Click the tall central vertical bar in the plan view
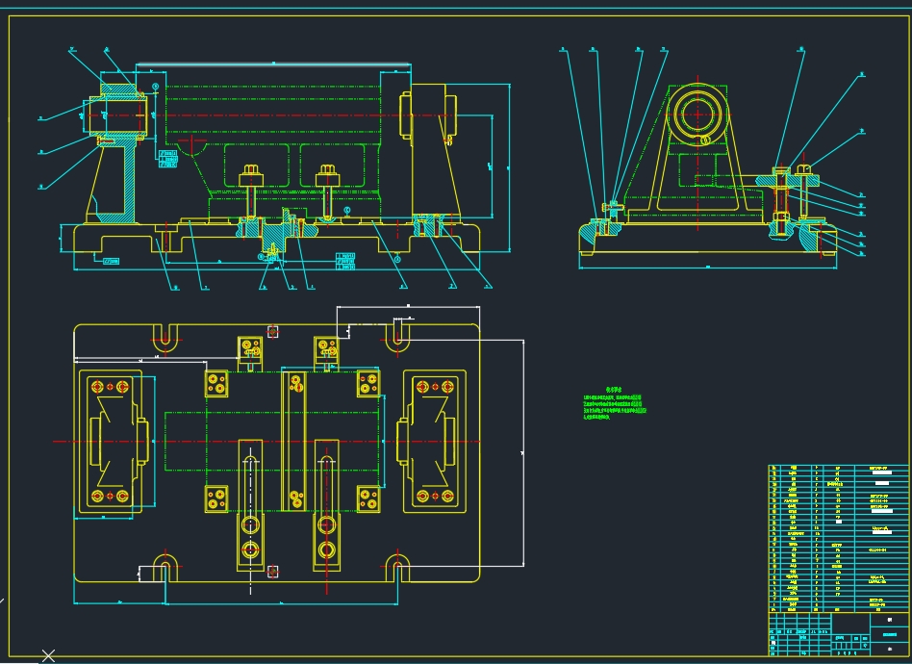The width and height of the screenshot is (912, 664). coord(293,440)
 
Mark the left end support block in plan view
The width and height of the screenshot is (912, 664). coord(109,442)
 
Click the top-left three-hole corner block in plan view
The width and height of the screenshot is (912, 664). coord(216,383)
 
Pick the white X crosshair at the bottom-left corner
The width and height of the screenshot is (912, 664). coord(48,656)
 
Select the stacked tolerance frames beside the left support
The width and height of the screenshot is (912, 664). coord(168,159)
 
